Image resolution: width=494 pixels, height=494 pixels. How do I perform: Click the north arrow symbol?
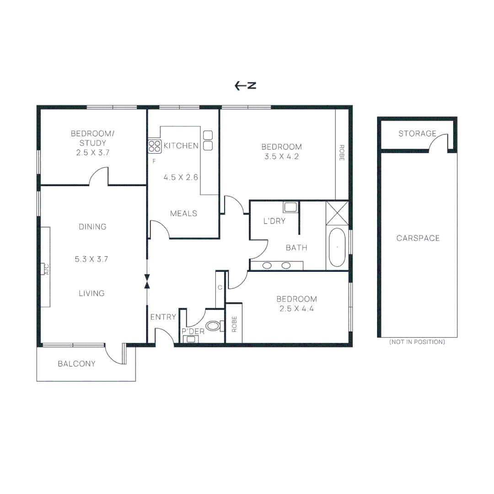[x=245, y=86]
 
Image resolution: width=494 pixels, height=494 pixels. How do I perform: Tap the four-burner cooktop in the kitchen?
[x=155, y=146]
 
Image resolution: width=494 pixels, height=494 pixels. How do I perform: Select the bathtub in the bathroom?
[x=338, y=247]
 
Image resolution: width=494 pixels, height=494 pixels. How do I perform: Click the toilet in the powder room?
[x=214, y=326]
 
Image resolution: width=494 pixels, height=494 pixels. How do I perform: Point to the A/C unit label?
[x=46, y=269]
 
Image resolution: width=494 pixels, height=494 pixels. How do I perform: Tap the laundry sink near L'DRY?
[x=290, y=207]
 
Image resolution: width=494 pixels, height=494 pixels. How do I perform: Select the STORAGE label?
[x=417, y=134]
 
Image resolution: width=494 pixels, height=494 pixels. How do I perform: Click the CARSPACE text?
[x=418, y=238]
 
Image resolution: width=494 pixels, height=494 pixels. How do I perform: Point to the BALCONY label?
[x=76, y=364]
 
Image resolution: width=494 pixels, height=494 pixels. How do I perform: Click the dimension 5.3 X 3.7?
[x=91, y=259]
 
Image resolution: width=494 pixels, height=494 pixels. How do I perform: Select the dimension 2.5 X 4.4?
[x=296, y=308]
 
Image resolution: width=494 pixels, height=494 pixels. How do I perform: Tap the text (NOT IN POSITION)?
[x=417, y=342]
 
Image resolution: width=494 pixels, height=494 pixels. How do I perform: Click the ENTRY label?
[x=163, y=317]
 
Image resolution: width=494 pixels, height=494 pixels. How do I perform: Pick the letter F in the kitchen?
[x=154, y=161]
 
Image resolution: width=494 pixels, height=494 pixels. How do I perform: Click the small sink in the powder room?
[x=190, y=339]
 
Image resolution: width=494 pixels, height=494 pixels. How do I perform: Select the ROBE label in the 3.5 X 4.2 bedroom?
[x=341, y=153]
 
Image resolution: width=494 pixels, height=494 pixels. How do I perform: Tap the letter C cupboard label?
[x=220, y=288]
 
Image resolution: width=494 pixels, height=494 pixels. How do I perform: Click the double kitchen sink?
[x=208, y=140]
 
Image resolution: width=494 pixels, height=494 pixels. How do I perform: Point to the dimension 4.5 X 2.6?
[x=181, y=177]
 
